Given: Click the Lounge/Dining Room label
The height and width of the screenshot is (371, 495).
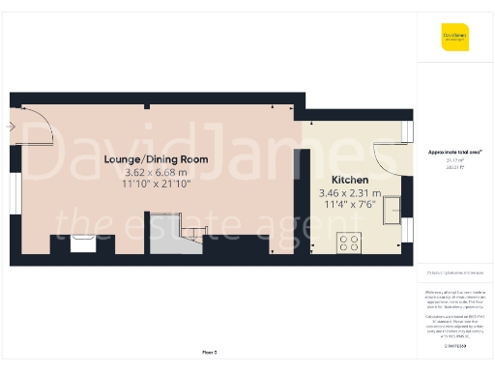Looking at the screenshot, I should pos(156,158).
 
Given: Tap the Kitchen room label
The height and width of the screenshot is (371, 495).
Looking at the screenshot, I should pos(349,181).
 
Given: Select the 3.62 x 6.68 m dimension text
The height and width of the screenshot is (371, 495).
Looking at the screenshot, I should pos(156,172).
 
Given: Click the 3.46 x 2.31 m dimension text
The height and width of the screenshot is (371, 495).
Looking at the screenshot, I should pos(349,193).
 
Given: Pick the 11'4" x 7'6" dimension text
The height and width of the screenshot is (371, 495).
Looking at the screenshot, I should pos(349,204).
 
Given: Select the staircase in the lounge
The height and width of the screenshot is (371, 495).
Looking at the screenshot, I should pos(180,238).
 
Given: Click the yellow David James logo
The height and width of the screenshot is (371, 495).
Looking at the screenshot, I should pos(455,40).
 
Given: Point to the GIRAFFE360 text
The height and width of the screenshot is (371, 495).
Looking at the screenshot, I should pos(455,345).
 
